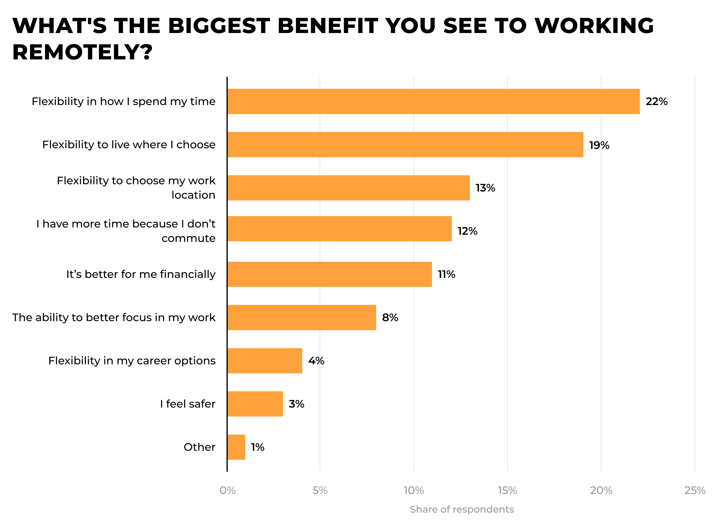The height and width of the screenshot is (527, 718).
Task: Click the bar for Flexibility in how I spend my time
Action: [433, 101]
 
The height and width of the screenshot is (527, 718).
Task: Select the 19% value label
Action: [599, 145]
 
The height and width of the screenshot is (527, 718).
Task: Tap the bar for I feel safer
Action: [255, 404]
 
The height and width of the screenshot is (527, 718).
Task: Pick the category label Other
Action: [199, 447]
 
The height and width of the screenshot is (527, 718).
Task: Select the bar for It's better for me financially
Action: [329, 274]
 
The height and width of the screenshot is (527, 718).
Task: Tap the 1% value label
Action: [257, 447]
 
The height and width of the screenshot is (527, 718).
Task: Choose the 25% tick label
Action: [694, 490]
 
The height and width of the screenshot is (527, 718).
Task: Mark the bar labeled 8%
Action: [302, 317]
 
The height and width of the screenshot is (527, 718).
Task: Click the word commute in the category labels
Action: [188, 238]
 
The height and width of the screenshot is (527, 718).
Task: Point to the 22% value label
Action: [656, 101]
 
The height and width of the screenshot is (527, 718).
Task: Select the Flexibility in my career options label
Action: [132, 361]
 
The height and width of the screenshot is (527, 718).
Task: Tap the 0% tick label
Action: [227, 490]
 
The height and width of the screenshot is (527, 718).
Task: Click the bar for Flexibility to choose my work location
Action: [348, 188]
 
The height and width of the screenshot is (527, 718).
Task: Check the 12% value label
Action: [467, 231]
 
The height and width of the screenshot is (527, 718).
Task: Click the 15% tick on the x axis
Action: [507, 490]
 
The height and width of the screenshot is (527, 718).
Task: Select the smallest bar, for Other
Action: [236, 447]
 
